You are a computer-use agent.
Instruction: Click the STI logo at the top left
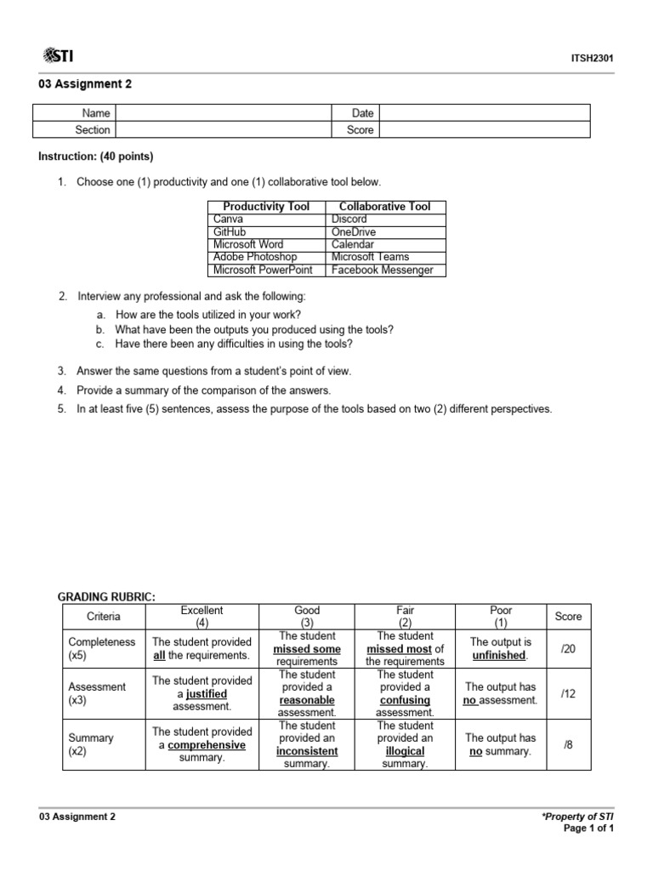tap(57, 56)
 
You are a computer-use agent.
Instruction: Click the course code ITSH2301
tap(593, 58)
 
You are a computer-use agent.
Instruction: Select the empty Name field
tap(222, 113)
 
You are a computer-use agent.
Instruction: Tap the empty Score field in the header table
tap(483, 130)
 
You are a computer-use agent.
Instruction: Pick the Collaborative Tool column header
tap(385, 207)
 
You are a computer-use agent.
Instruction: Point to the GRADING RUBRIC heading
tap(106, 597)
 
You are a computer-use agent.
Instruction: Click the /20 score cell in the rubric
tap(568, 649)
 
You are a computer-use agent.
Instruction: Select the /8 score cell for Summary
tap(568, 745)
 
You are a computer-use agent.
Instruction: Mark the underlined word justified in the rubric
tap(207, 694)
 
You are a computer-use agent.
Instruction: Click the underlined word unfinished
tap(498, 656)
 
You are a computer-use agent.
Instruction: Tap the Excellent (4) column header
tap(202, 617)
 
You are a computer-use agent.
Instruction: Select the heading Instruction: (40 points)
tap(96, 157)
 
